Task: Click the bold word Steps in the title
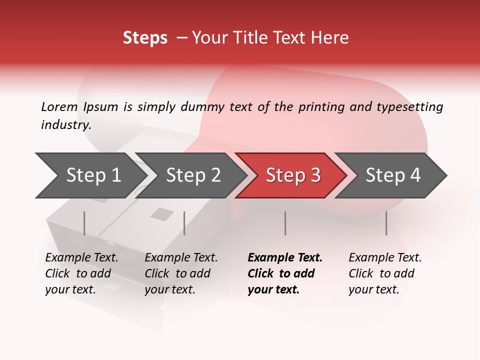(x=145, y=38)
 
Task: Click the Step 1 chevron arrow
(x=93, y=175)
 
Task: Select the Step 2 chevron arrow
(x=193, y=175)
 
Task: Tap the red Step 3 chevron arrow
(x=293, y=175)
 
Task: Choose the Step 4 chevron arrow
(x=393, y=175)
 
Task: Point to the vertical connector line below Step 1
(x=84, y=223)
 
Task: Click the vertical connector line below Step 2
(x=184, y=223)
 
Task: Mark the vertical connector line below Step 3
(x=285, y=223)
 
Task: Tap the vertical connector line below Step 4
(x=386, y=223)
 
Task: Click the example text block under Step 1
(x=81, y=273)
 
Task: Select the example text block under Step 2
(x=181, y=273)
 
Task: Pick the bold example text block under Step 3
(x=285, y=273)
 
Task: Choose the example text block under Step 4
(x=385, y=273)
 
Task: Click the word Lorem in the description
(x=59, y=106)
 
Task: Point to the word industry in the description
(x=66, y=125)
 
